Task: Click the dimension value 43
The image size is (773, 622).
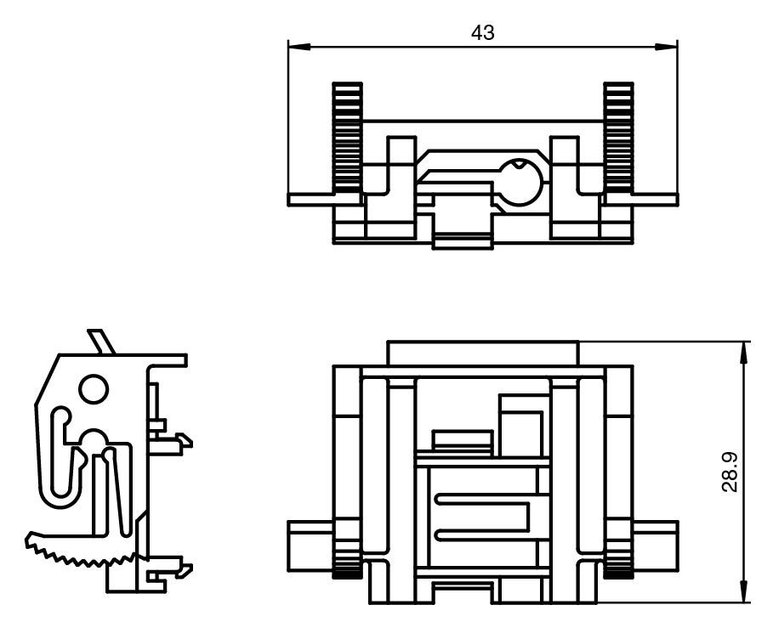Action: pos(482,33)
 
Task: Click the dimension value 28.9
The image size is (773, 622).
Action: pos(729,472)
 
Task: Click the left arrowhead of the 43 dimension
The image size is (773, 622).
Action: pos(299,47)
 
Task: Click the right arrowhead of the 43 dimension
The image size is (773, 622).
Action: pos(666,47)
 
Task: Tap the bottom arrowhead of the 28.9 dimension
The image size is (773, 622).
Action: pos(743,591)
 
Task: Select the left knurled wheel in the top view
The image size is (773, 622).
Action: pos(348,138)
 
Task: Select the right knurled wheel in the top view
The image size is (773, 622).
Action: pos(619,138)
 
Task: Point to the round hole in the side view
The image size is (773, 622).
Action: pos(94,389)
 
